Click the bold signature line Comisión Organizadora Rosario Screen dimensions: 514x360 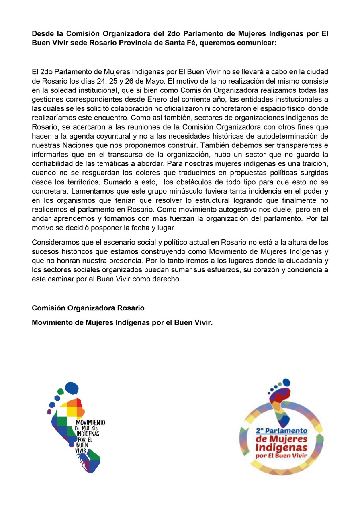[x=88, y=308]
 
